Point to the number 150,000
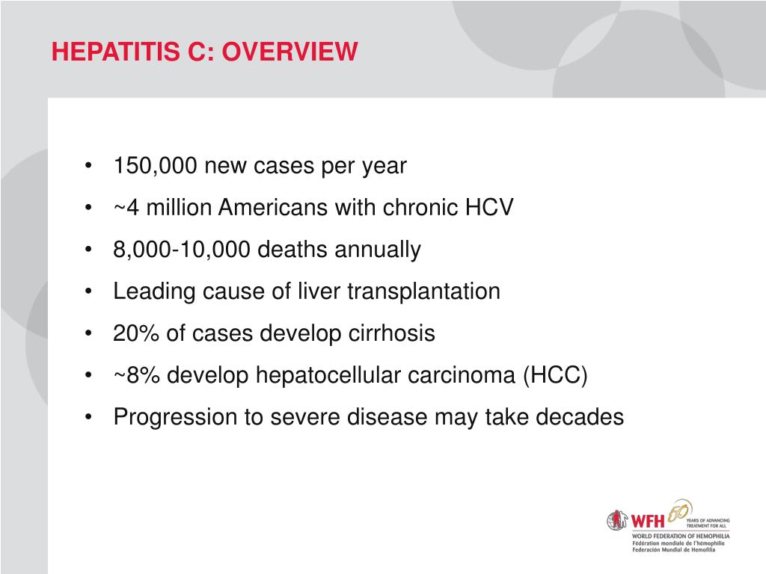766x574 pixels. coord(156,166)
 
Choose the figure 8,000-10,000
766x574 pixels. coord(182,250)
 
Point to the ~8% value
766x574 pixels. coord(136,375)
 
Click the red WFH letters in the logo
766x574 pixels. coord(646,520)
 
